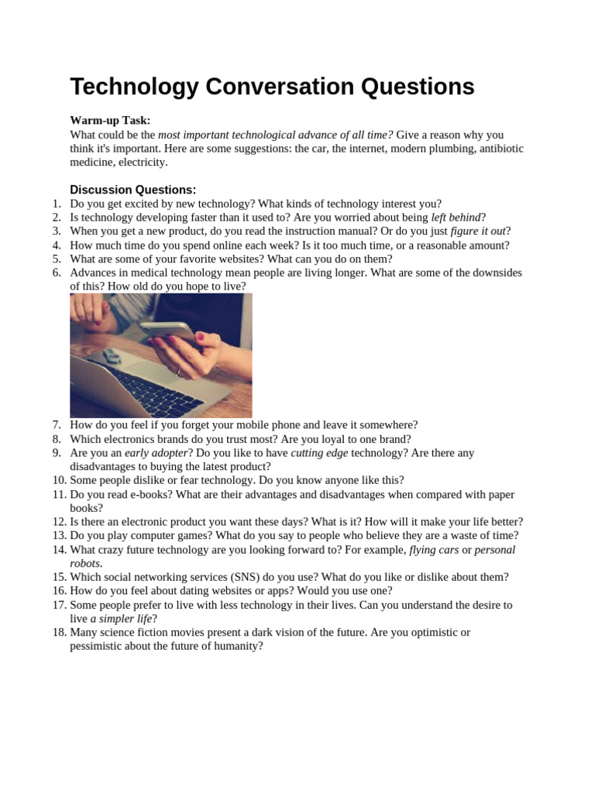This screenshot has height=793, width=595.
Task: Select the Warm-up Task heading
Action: pos(110,120)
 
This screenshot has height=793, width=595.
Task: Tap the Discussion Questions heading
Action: pos(132,190)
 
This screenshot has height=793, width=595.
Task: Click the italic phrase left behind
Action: pos(456,218)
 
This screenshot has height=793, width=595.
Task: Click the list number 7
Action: pos(57,425)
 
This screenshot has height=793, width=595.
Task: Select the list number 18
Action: pos(56,633)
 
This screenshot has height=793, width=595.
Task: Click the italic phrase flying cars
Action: pos(434,551)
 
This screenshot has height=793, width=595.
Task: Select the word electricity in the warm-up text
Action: pos(140,163)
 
